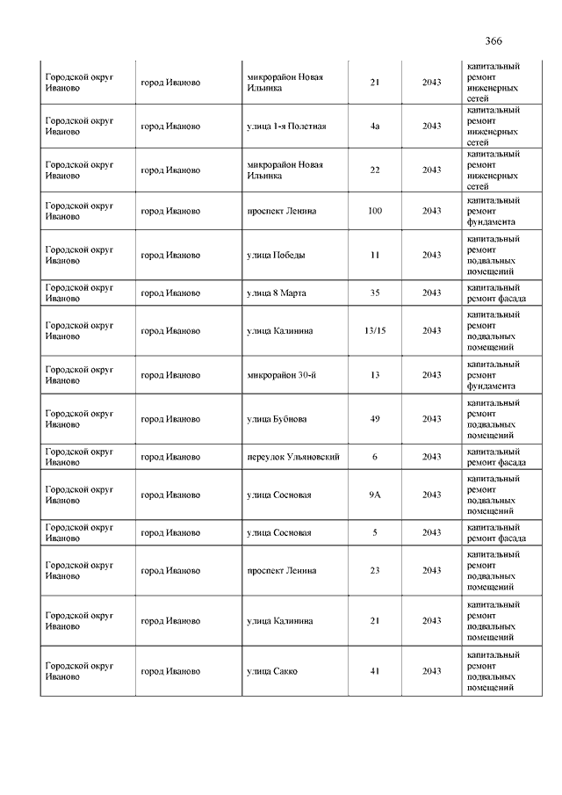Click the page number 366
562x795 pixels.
493,41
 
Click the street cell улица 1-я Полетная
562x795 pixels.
286,126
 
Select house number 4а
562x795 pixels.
375,126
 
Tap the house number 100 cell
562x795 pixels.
375,212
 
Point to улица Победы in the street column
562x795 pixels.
277,256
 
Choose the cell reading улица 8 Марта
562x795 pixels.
277,293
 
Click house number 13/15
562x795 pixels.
375,331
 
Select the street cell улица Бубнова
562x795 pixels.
277,419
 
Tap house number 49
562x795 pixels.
375,419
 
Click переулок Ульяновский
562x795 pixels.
293,457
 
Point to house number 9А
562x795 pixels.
375,495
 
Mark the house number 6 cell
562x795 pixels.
375,457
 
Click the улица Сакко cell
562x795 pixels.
272,671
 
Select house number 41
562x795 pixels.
375,671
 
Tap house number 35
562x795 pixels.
375,293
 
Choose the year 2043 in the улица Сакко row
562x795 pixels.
431,671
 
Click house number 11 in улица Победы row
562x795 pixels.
375,256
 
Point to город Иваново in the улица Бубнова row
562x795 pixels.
170,419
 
